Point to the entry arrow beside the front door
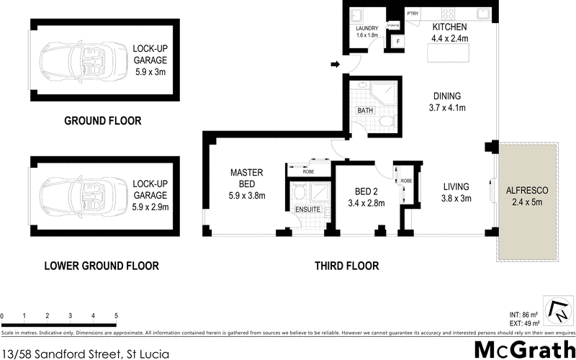pos(335,66)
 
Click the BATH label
pos(365,111)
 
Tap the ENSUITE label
pos(307,210)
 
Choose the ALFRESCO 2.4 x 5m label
pos(527,196)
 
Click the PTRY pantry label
pos(413,13)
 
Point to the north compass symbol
pos(557,312)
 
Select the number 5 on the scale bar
pos(116,317)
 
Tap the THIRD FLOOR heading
pos(346,266)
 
